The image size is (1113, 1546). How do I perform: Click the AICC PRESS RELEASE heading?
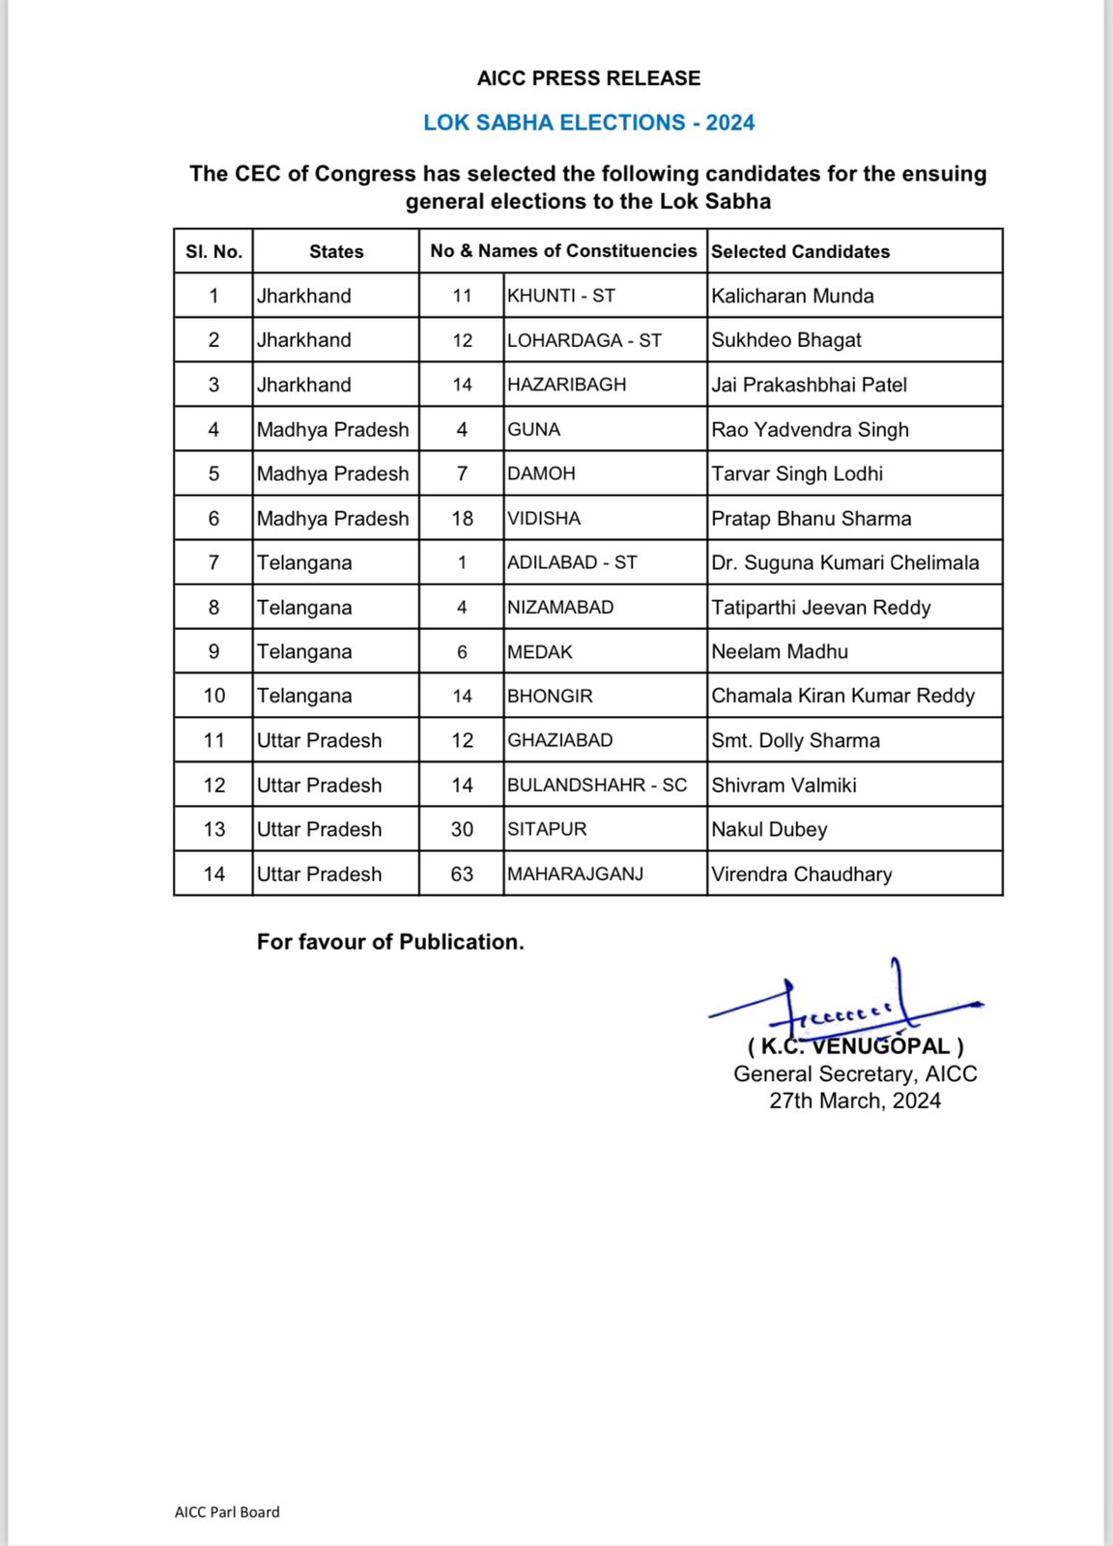click(588, 78)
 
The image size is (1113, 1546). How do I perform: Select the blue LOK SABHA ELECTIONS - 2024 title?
click(588, 123)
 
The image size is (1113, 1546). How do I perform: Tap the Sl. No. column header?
click(214, 251)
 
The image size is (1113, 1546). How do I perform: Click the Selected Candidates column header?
click(800, 251)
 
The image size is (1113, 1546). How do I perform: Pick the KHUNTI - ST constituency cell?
click(561, 296)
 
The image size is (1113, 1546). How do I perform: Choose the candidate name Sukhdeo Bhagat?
click(786, 340)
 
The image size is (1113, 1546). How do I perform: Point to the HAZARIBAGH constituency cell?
click(566, 385)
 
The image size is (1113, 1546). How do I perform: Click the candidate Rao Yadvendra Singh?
click(810, 429)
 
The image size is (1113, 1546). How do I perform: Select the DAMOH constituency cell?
click(541, 473)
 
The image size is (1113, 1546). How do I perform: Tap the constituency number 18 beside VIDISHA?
click(462, 518)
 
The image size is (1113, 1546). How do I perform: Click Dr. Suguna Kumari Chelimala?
click(844, 562)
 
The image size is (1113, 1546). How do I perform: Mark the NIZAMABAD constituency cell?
click(560, 607)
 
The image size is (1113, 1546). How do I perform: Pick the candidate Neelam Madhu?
click(780, 651)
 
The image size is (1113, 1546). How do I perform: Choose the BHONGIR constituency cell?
click(550, 696)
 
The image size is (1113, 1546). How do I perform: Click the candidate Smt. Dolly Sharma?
click(795, 740)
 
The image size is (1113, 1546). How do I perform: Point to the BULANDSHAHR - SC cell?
click(597, 785)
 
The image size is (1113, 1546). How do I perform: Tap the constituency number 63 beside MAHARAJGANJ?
click(462, 873)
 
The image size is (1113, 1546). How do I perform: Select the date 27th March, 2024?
click(855, 1101)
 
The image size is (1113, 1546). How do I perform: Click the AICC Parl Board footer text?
click(227, 1512)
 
